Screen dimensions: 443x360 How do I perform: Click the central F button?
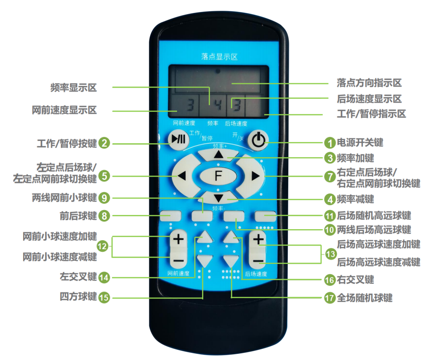[218, 176]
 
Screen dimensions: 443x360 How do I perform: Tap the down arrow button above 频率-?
[218, 198]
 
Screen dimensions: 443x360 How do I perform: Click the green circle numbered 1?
[330, 143]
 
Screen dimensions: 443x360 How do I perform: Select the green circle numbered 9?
[104, 198]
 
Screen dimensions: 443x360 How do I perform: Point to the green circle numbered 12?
[102, 246]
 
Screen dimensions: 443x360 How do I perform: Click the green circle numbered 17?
[330, 298]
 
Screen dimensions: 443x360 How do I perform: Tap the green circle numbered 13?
[330, 254]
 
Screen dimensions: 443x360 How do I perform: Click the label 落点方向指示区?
[369, 83]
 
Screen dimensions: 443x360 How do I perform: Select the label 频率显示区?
[74, 88]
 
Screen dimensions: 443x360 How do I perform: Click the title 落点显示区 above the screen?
[219, 57]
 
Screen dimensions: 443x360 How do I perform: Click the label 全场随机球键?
[364, 298]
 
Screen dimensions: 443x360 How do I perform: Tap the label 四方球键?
[78, 297]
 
